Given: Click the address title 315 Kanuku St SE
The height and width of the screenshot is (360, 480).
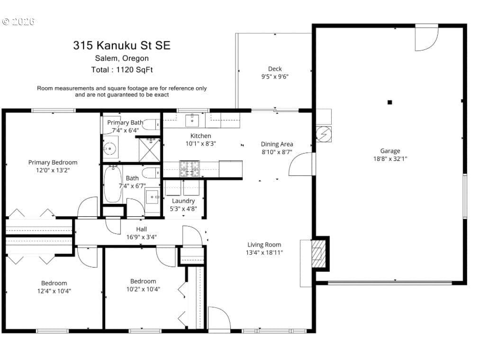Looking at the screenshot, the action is tap(121, 46).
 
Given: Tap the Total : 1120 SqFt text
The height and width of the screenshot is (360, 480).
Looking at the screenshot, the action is tap(122, 70).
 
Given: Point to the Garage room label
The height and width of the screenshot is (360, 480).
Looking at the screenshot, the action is tap(390, 151).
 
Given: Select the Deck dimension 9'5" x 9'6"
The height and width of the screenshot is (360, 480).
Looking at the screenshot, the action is tap(275, 76).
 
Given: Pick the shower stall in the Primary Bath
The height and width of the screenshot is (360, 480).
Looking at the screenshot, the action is tap(149, 150).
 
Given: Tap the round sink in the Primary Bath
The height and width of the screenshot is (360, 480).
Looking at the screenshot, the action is tap(109, 149).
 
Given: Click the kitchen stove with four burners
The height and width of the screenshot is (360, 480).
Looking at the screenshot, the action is tap(190, 168).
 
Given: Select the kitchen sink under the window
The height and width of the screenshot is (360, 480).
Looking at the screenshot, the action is tap(192, 120).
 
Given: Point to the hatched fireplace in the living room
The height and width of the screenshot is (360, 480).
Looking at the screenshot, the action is tap(319, 254).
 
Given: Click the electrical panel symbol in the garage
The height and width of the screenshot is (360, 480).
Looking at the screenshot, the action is tap(324, 134).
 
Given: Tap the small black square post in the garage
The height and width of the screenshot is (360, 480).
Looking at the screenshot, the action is tap(389, 102).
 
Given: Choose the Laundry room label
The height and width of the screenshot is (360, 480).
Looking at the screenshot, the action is tap(183, 201).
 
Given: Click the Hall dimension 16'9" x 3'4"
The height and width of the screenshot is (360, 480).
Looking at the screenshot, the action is tap(141, 237).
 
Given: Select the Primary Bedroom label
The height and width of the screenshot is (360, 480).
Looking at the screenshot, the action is tap(53, 162).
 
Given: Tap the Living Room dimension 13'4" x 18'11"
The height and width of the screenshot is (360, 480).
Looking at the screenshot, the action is tap(264, 252).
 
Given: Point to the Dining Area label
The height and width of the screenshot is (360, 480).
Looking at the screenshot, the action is tap(277, 144).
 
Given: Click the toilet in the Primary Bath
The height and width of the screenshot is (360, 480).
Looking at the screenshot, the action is tap(151, 124).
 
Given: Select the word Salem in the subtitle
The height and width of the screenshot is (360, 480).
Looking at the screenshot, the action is tap(106, 58).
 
